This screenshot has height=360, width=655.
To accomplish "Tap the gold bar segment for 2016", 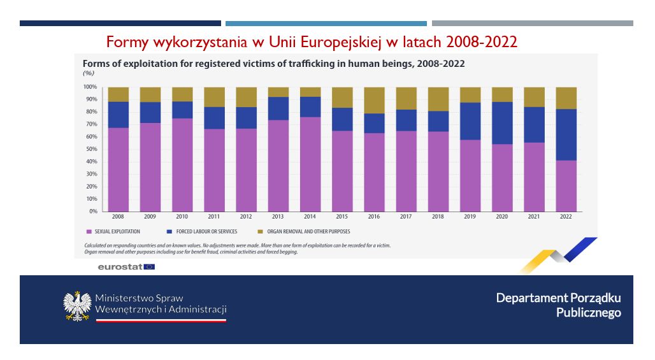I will pyautogui.click(x=374, y=100).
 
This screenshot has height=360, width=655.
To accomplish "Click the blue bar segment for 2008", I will pyautogui.click(x=119, y=115).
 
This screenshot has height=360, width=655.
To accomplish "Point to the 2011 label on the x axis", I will pyautogui.click(x=214, y=217).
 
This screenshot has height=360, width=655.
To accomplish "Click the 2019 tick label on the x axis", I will pyautogui.click(x=470, y=217).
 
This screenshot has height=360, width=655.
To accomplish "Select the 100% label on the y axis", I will pyautogui.click(x=89, y=87).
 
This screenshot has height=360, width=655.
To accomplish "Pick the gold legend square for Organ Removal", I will pyautogui.click(x=260, y=232).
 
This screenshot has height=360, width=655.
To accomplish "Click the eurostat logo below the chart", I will pyautogui.click(x=126, y=267).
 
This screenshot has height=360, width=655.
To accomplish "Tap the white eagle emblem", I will pyautogui.click(x=77, y=306).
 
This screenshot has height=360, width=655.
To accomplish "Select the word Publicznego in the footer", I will pyautogui.click(x=588, y=312).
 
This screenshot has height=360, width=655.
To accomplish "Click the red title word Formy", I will pyautogui.click(x=126, y=42).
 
